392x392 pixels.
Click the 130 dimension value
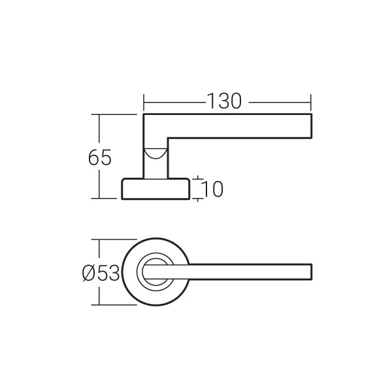click(x=225, y=101)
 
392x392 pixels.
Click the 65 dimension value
click(x=100, y=157)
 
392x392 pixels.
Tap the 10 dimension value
click(x=213, y=189)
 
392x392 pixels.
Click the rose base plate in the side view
click(x=155, y=189)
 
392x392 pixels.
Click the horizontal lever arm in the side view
click(x=242, y=126)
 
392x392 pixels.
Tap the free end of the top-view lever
click(x=310, y=272)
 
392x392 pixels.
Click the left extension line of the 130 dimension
click(x=143, y=103)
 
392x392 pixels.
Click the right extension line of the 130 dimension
click(x=311, y=103)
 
